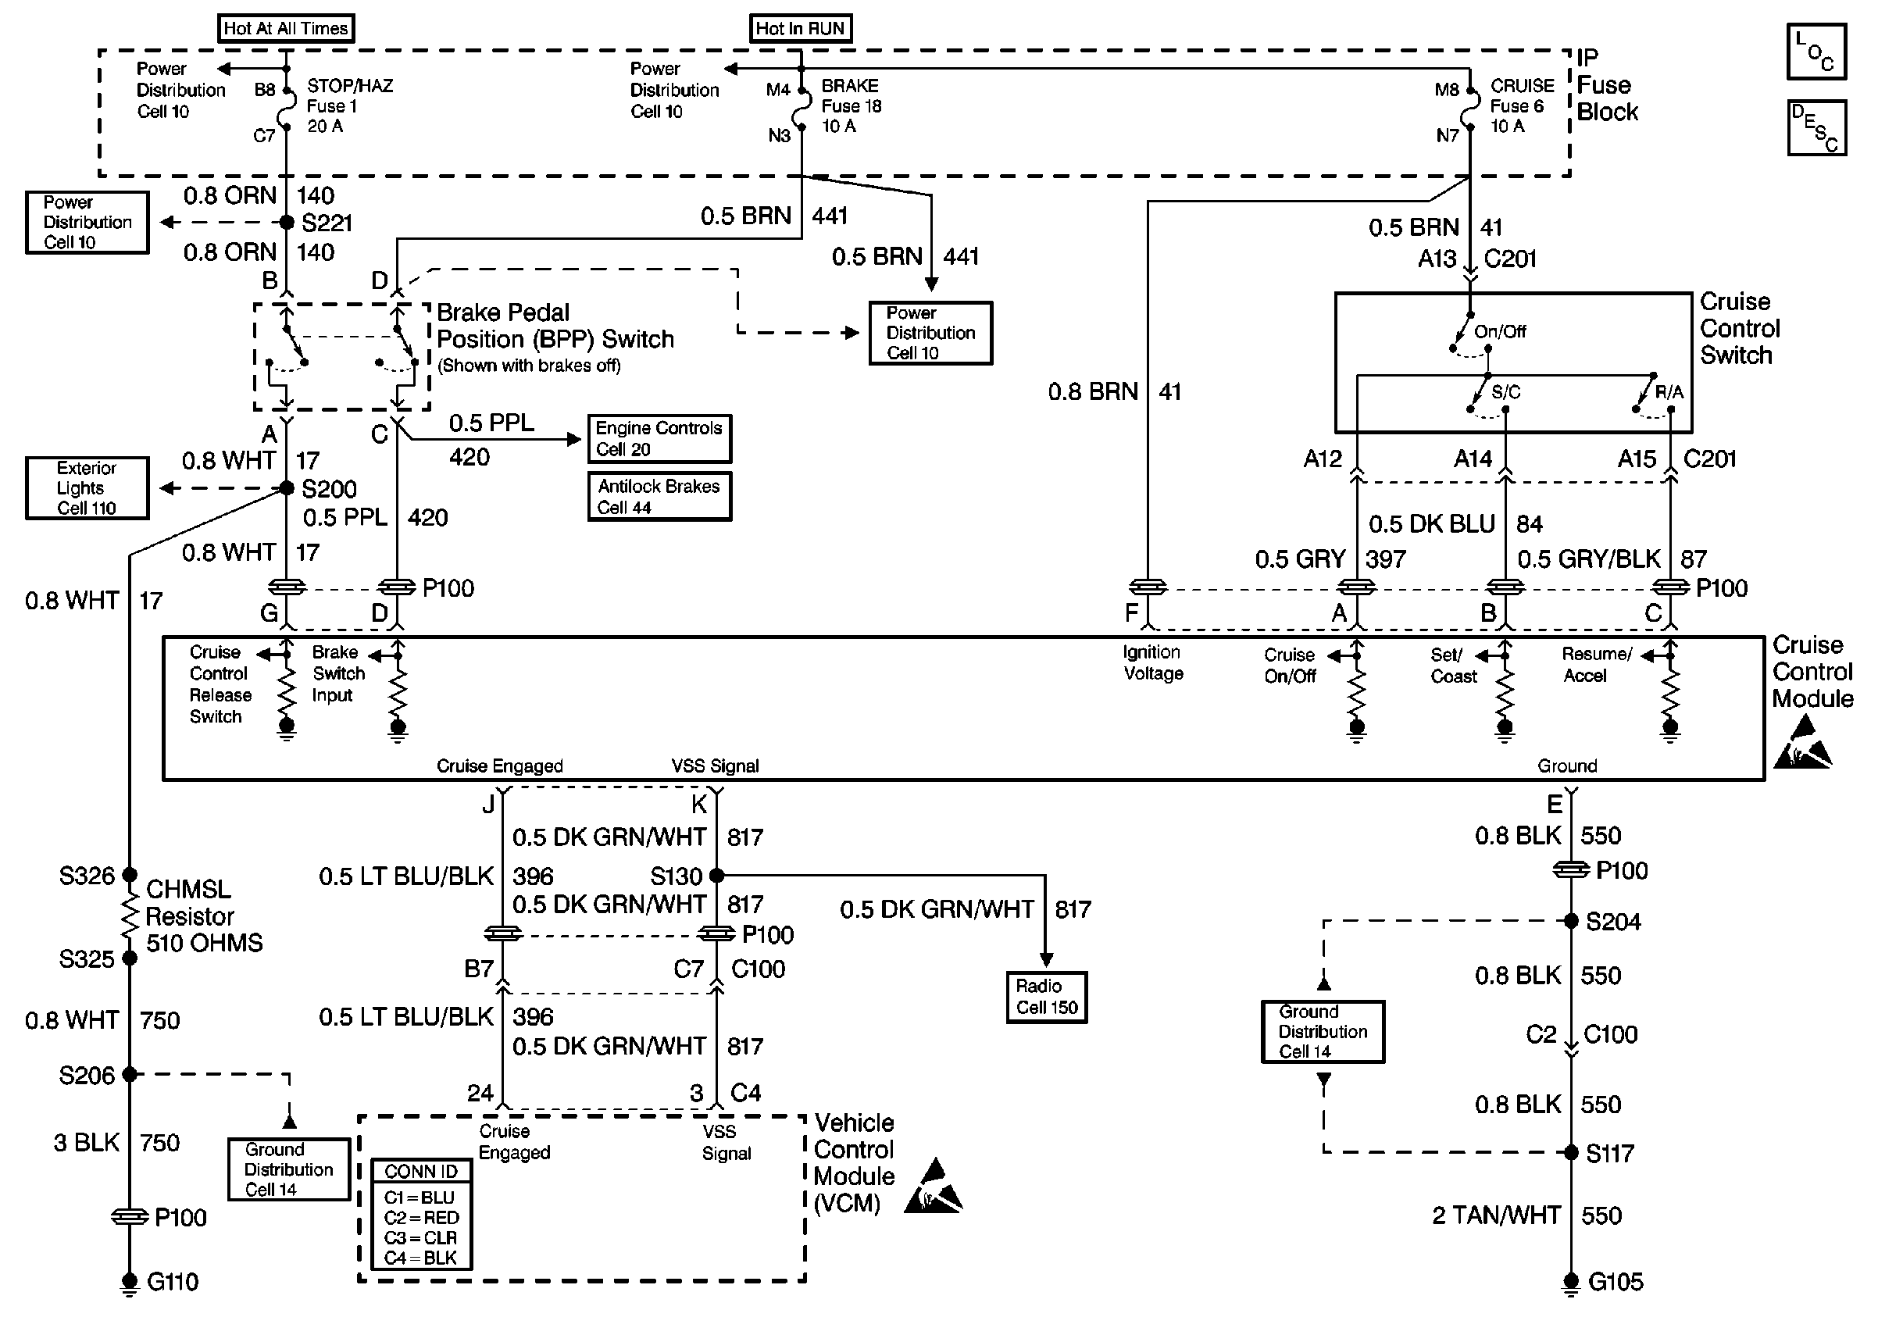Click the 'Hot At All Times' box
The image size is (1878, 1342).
point(286,28)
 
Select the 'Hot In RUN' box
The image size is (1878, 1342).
point(800,28)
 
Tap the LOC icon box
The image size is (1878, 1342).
point(1816,52)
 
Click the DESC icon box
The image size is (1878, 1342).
point(1816,127)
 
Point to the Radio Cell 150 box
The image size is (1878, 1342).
point(1046,997)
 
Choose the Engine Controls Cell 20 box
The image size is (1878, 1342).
point(659,439)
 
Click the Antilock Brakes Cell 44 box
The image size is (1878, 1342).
point(659,497)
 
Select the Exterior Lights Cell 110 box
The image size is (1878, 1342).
point(87,488)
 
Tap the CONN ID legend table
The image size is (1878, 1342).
point(421,1214)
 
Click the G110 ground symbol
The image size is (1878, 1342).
point(129,1283)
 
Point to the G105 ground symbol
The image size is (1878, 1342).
point(1571,1283)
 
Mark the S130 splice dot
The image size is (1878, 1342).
point(716,874)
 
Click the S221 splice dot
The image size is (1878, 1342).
point(286,223)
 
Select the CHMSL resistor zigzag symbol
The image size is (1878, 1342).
point(129,916)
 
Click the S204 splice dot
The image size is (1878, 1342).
point(1571,920)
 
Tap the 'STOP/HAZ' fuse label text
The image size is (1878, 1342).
point(350,86)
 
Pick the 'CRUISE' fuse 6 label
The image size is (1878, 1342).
point(1522,86)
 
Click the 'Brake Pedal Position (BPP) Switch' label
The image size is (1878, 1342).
point(555,326)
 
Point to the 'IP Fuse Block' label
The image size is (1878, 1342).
point(1607,84)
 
